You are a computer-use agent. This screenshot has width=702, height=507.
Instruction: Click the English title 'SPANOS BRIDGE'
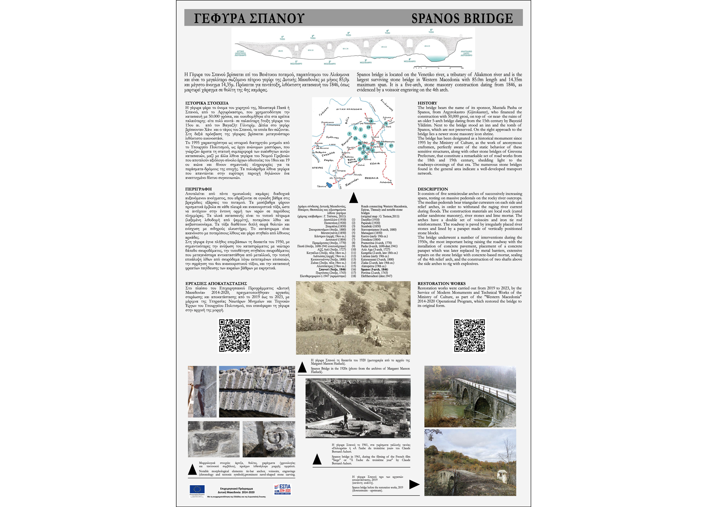pyautogui.click(x=462, y=18)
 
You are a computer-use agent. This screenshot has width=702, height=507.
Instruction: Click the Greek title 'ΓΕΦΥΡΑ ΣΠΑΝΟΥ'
pyautogui.click(x=249, y=18)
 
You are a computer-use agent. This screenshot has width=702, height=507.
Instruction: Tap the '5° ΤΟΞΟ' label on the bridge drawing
pyautogui.click(x=431, y=31)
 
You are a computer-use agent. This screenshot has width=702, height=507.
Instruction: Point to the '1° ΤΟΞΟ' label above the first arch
pyautogui.click(x=282, y=38)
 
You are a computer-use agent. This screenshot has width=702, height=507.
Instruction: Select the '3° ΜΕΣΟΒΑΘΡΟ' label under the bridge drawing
pyautogui.click(x=365, y=62)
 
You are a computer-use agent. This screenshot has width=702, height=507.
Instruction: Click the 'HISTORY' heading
pyautogui.click(x=427, y=103)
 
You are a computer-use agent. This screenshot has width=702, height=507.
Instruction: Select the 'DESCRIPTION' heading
pyautogui.click(x=433, y=189)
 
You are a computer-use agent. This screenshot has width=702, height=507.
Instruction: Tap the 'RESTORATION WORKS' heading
pyautogui.click(x=441, y=284)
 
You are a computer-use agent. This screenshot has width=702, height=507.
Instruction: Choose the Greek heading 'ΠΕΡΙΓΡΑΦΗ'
pyautogui.click(x=199, y=189)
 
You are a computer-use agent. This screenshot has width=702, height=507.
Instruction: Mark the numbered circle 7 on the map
pyautogui.click(x=349, y=134)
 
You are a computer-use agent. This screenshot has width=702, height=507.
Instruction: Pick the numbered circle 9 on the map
pyautogui.click(x=386, y=124)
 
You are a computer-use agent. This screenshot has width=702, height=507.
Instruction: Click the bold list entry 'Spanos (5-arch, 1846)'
pyautogui.click(x=374, y=269)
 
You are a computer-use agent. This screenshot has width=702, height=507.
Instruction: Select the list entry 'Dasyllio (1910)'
pyautogui.click(x=370, y=220)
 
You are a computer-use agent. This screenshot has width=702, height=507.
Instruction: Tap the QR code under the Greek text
pyautogui.click(x=234, y=335)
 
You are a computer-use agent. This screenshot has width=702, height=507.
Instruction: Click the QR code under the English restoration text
pyautogui.click(x=470, y=335)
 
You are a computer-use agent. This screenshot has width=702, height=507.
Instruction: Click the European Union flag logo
pyautogui.click(x=197, y=489)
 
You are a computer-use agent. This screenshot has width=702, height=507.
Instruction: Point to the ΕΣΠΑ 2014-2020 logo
pyautogui.click(x=282, y=489)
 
